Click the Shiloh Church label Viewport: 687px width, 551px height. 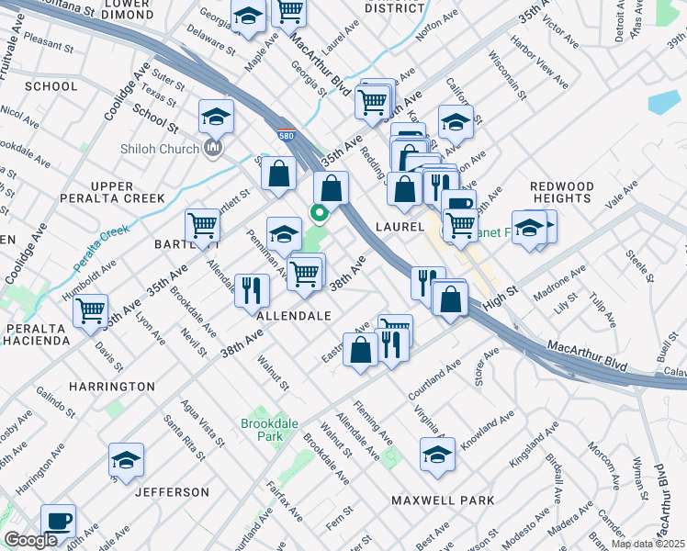click(159, 149)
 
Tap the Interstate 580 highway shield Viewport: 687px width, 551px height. click(287, 135)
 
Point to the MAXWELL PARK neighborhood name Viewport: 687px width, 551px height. click(443, 500)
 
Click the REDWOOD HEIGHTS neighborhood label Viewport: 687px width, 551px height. click(561, 192)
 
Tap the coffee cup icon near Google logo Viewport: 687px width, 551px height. click(59, 520)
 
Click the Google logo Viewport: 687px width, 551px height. click(30, 541)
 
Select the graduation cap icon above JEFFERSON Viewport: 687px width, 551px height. click(126, 459)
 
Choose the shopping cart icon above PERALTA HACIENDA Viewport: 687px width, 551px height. click(90, 310)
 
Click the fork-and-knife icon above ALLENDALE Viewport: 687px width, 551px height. click(251, 290)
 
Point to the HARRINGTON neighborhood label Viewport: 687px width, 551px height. click(109, 387)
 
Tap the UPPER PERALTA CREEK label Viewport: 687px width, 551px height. click(112, 192)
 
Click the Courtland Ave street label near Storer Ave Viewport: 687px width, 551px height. click(434, 378)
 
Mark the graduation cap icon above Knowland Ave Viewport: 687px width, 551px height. click(438, 453)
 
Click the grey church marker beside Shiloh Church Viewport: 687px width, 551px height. click(214, 148)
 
